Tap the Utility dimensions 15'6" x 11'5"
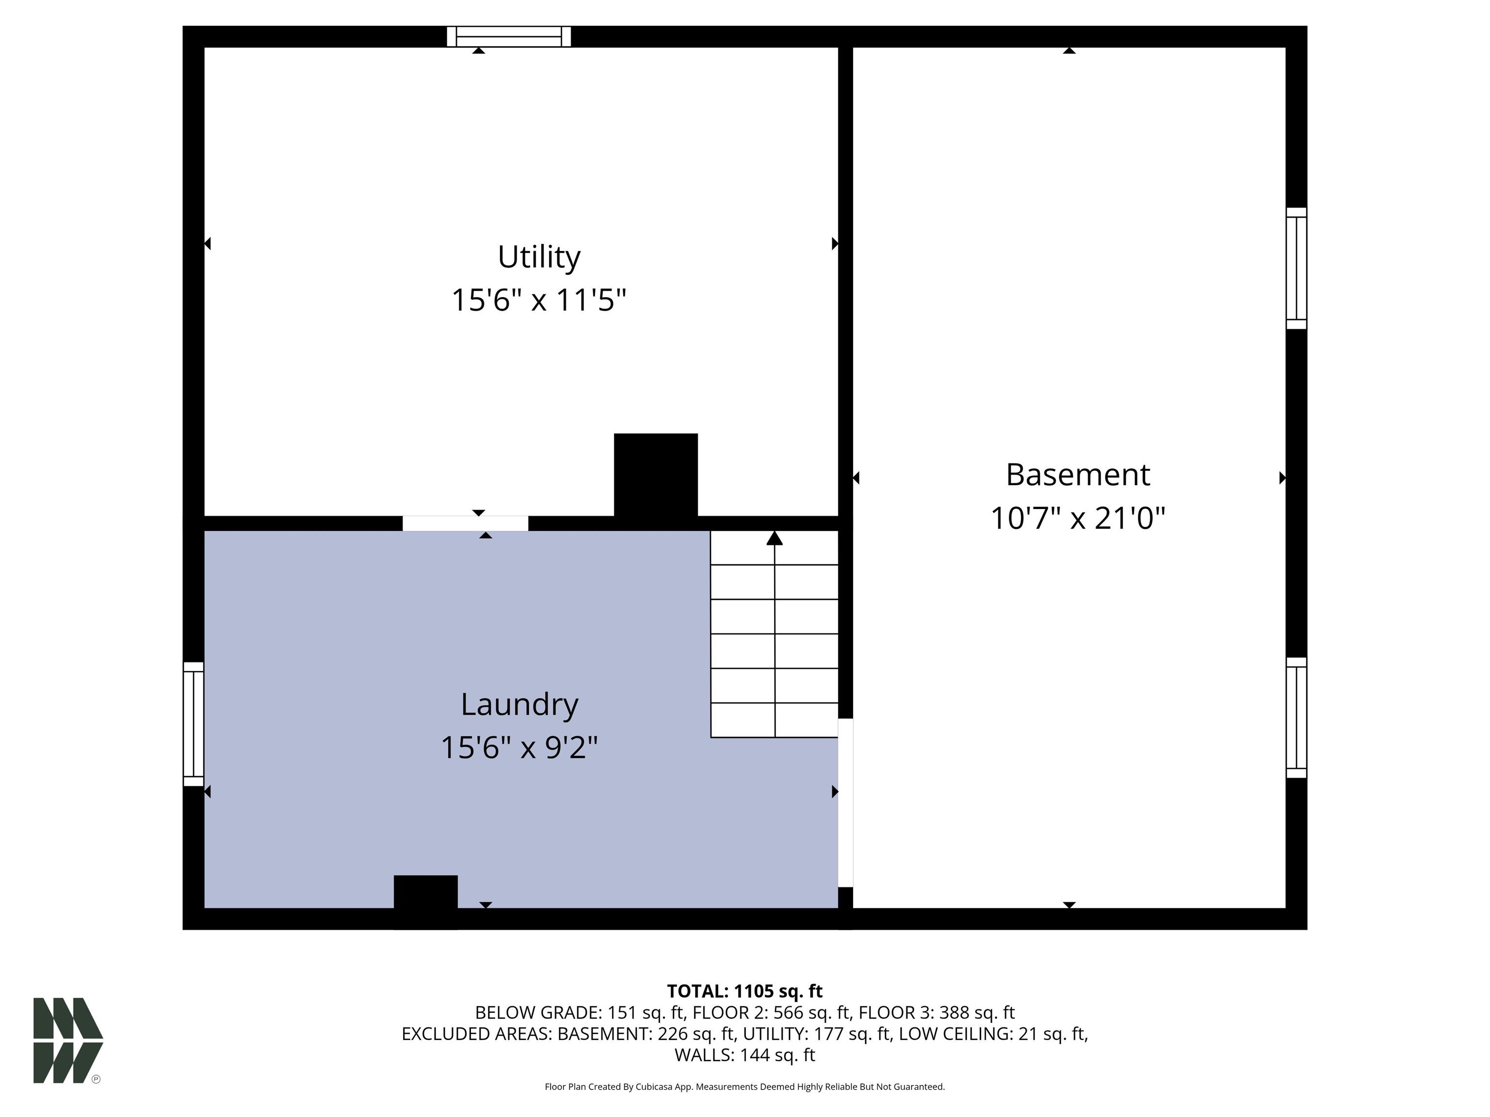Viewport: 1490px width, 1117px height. click(539, 300)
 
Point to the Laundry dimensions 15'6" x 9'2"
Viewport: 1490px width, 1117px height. click(519, 748)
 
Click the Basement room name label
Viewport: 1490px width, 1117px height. click(1078, 475)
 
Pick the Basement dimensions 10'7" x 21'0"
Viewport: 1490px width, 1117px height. click(1078, 518)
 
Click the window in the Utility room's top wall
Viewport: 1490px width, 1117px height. click(509, 36)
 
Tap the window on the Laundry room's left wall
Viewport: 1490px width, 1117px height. click(194, 724)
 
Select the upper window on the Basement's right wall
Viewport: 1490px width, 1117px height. click(1296, 268)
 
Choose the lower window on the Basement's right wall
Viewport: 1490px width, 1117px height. click(1296, 718)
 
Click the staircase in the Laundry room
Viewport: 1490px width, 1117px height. click(775, 634)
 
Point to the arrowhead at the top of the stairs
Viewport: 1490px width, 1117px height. click(775, 538)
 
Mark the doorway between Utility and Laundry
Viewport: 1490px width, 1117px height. click(466, 523)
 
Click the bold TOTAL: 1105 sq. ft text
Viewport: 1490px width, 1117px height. click(745, 991)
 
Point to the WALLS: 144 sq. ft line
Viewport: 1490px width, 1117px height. click(745, 1055)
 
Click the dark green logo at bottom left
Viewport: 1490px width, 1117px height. click(68, 1040)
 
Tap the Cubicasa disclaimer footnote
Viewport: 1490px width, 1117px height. click(745, 1087)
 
